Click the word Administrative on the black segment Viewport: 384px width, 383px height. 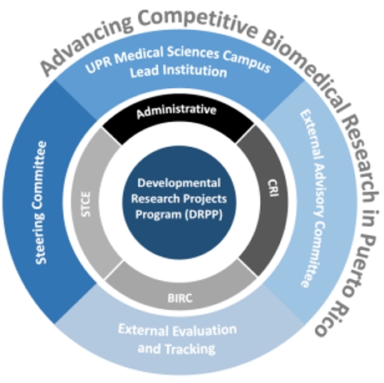[x=176, y=110]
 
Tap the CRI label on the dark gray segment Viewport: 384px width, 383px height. [x=273, y=188]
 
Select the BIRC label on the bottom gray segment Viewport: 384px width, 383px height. [x=180, y=298]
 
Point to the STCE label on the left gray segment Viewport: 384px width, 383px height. [x=86, y=204]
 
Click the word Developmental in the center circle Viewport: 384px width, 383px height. [x=179, y=183]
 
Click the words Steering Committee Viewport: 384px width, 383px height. [x=41, y=203]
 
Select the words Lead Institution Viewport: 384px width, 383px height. [x=179, y=71]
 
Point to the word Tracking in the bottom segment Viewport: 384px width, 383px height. [x=190, y=349]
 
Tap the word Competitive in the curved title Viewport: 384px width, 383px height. [x=199, y=22]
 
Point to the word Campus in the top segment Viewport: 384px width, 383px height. [x=247, y=61]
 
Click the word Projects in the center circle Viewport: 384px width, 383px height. [x=206, y=199]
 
